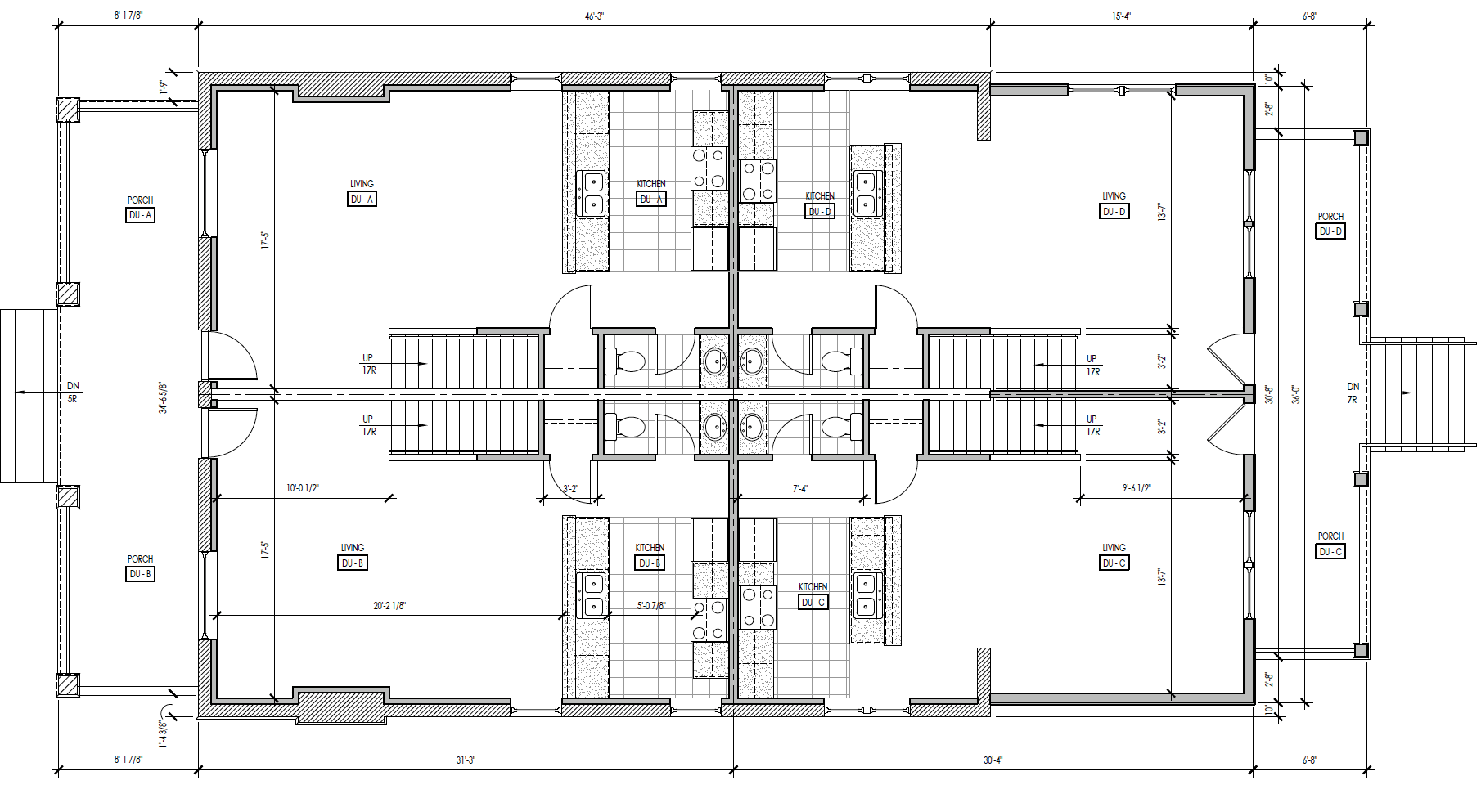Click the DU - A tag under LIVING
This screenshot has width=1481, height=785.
click(x=362, y=200)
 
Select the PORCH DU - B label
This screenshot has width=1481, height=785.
click(x=140, y=567)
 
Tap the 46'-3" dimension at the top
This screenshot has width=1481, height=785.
click(x=594, y=16)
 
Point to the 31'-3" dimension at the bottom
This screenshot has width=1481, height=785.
click(x=466, y=760)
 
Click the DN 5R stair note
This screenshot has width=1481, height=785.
click(x=73, y=392)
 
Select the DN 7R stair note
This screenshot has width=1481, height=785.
click(x=1353, y=392)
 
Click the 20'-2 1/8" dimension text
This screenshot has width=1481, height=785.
click(x=389, y=606)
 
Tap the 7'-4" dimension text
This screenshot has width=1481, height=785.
click(x=800, y=488)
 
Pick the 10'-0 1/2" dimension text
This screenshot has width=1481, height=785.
click(x=303, y=488)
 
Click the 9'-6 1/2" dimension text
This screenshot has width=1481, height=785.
click(x=1137, y=488)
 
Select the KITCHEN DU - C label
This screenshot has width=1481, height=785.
click(x=813, y=595)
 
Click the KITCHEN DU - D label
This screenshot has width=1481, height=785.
click(x=820, y=204)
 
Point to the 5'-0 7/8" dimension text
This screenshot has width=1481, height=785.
click(x=651, y=606)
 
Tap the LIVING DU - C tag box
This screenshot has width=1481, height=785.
click(x=1114, y=563)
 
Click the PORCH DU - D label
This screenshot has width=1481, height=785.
click(x=1330, y=225)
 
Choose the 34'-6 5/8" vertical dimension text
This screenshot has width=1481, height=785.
click(x=163, y=397)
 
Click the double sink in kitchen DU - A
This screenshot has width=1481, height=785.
click(x=592, y=193)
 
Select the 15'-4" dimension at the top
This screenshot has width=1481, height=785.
click(x=1121, y=16)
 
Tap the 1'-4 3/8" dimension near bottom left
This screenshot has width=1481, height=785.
click(x=163, y=733)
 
